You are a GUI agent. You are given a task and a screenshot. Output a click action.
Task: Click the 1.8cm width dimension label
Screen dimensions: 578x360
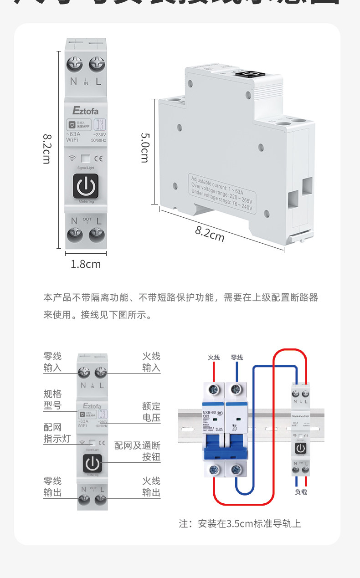[x=86, y=264]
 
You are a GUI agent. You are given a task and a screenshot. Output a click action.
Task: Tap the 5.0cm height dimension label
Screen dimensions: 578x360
[x=144, y=148]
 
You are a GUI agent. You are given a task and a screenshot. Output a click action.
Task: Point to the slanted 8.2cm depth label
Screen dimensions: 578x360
[x=210, y=234]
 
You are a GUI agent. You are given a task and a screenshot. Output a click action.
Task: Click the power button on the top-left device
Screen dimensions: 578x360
[x=85, y=187]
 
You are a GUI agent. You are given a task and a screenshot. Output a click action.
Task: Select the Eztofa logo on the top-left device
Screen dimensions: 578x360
[x=85, y=111]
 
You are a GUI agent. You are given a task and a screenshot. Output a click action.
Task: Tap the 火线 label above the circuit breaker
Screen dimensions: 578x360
[x=214, y=358]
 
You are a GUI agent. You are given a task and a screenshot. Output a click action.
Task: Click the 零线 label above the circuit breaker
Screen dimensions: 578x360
[x=237, y=358]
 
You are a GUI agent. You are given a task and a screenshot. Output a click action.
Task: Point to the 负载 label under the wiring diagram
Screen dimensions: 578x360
[x=301, y=492]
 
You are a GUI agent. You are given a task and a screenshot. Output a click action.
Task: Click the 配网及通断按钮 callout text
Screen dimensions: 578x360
[x=137, y=451]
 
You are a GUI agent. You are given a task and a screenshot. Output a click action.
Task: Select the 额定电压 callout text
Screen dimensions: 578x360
[x=151, y=412]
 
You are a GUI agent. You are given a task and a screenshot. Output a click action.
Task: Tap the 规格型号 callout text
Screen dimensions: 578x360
[x=52, y=399]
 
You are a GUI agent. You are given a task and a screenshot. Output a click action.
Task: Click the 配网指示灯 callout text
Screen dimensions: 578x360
[x=52, y=434]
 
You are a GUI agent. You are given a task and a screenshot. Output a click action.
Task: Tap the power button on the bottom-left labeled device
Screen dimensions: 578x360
[x=93, y=463]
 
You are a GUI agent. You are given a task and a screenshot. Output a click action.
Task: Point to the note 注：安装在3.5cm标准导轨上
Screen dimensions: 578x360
[x=240, y=524]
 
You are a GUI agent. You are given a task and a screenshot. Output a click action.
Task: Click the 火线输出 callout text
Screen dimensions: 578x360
[x=151, y=487]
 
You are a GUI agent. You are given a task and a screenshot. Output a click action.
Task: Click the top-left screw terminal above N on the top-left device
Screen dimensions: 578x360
[x=74, y=64]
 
